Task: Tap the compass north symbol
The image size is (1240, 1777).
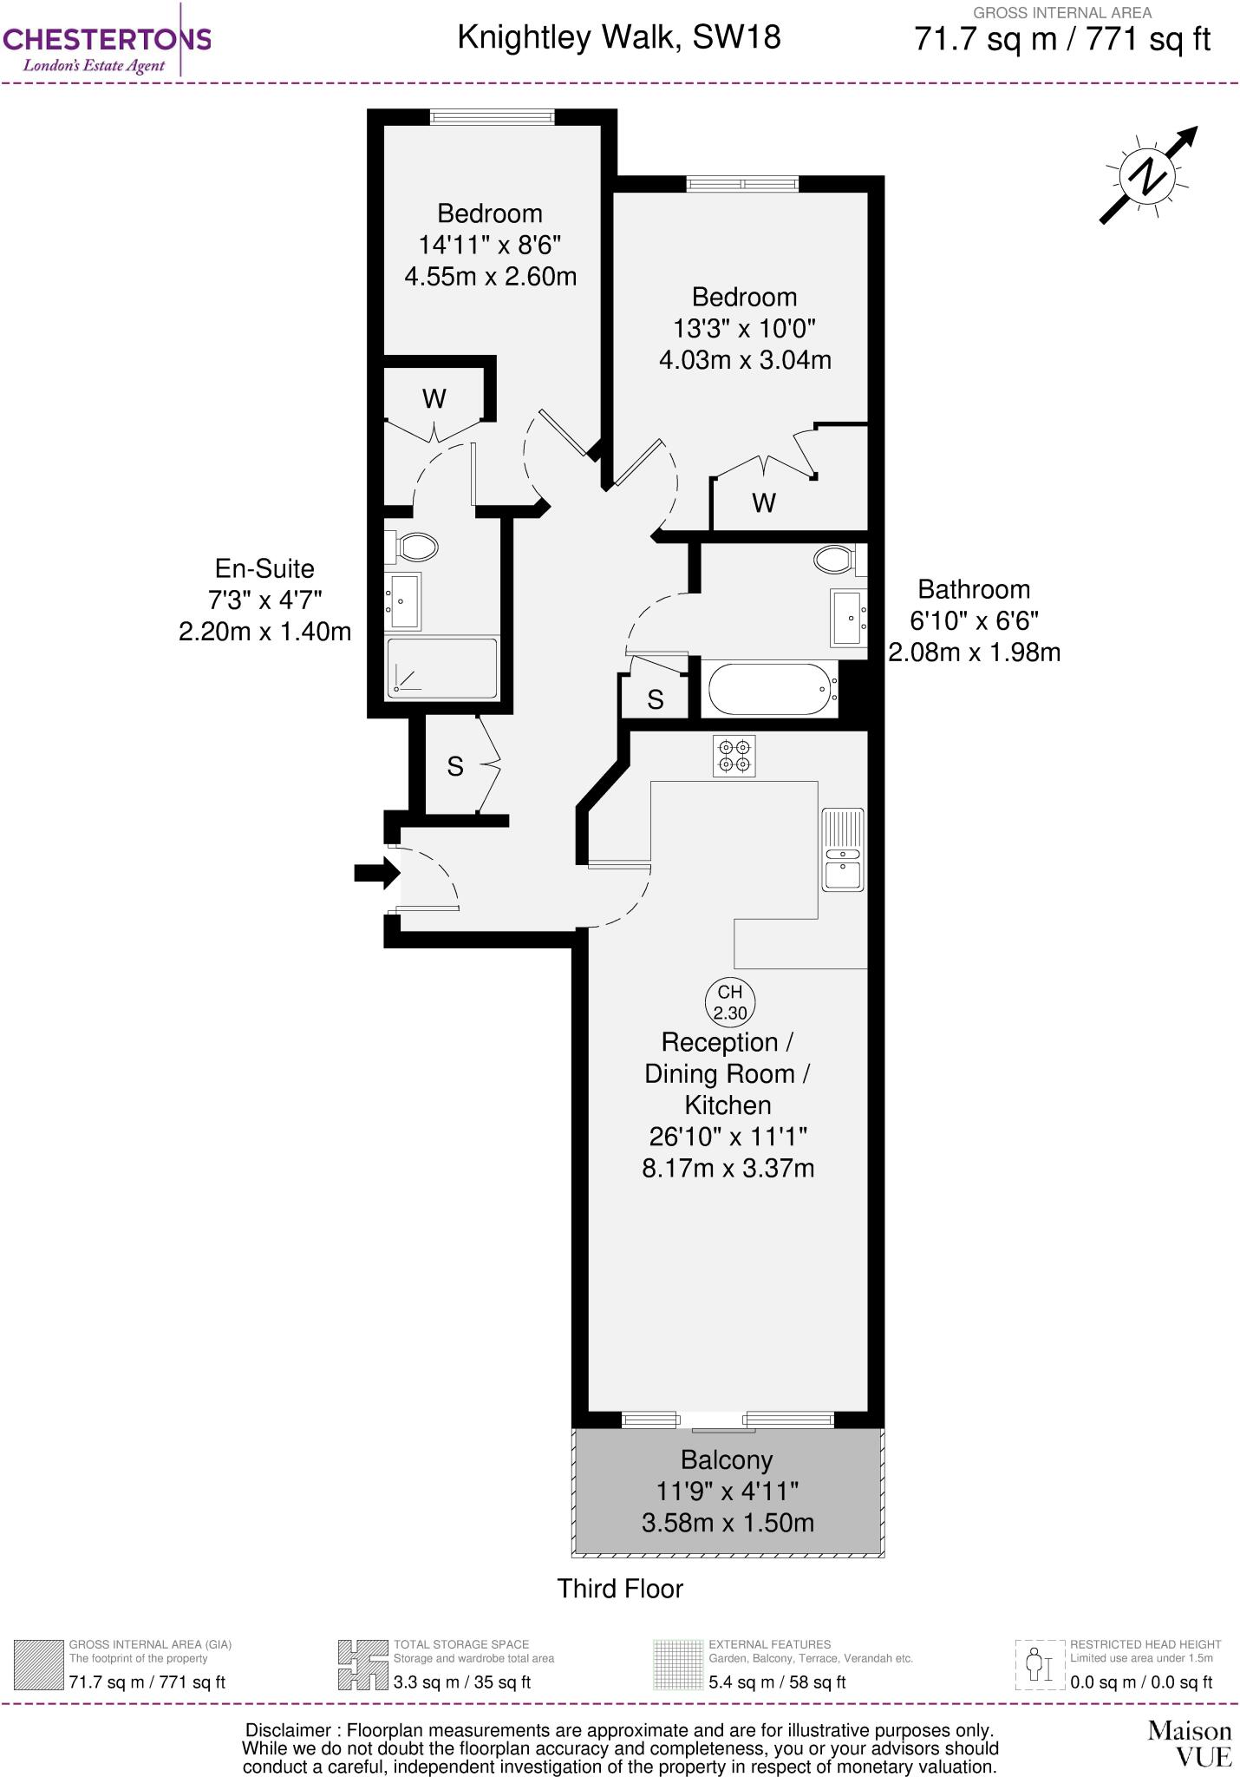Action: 1149,175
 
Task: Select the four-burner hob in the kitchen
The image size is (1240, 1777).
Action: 734,755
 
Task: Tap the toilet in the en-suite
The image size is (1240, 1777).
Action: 415,548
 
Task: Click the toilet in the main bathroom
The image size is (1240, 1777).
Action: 836,559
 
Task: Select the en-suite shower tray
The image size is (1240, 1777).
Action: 442,668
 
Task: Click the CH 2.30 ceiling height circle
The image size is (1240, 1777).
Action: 729,1001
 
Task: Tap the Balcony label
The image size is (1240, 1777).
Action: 727,1460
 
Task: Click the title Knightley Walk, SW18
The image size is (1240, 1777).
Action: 619,37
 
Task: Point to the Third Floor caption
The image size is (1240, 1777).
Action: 620,1589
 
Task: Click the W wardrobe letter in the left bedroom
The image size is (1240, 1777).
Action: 434,398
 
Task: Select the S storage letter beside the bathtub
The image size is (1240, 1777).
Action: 656,699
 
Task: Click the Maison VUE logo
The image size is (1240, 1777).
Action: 1189,1743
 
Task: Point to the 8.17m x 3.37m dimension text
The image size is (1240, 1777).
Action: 728,1168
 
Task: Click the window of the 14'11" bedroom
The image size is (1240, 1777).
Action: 492,116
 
